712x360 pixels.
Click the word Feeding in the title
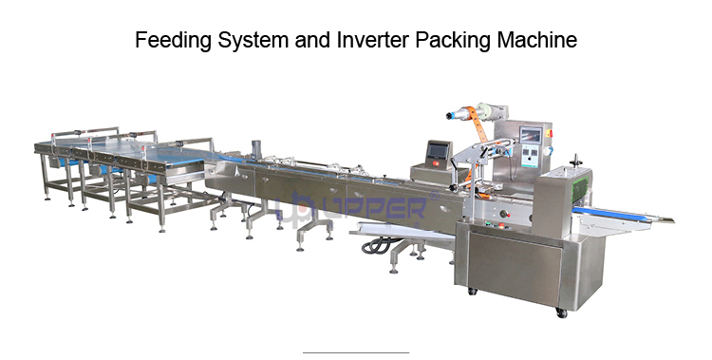click(168, 40)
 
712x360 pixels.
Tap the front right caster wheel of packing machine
click(560, 312)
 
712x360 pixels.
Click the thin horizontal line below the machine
click(355, 352)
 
